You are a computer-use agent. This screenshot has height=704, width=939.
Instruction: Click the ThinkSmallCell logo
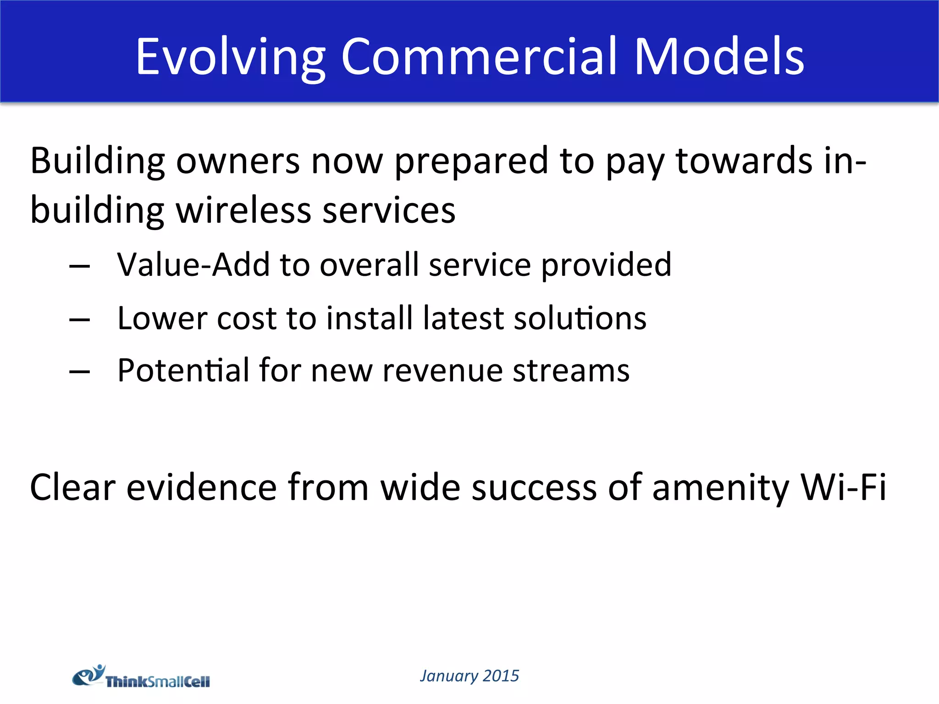141,677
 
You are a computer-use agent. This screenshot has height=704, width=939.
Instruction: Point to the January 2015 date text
469,676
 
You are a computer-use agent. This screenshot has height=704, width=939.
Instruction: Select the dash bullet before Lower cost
79,319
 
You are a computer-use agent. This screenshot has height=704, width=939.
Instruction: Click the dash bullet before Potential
79,371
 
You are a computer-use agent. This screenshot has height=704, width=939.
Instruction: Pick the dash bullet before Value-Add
79,266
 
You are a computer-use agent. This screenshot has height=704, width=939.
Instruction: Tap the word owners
238,161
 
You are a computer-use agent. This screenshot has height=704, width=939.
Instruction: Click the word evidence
202,487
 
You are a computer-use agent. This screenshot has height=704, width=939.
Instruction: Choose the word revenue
442,370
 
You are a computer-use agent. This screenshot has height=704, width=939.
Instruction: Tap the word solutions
580,318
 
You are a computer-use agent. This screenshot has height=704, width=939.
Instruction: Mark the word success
534,487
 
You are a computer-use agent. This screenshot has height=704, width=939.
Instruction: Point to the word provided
606,266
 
